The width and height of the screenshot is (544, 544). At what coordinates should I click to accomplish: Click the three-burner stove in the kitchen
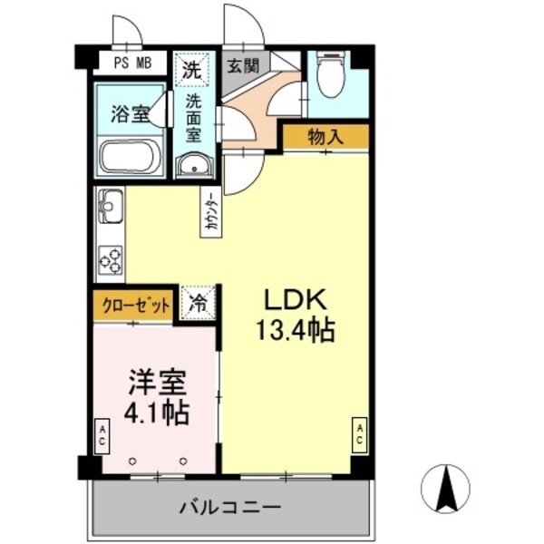pos(111,260)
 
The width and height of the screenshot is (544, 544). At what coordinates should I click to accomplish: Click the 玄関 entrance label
pos(243,65)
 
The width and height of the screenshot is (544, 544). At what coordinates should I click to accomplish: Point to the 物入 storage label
pos(325,137)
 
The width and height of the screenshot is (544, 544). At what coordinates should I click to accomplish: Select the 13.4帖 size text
pos(296,330)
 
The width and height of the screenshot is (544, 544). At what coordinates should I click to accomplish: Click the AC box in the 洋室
pos(102,433)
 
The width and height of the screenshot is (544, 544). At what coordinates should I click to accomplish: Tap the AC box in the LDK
pos(360,433)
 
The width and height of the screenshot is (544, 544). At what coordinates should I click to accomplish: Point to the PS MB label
pos(131,63)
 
